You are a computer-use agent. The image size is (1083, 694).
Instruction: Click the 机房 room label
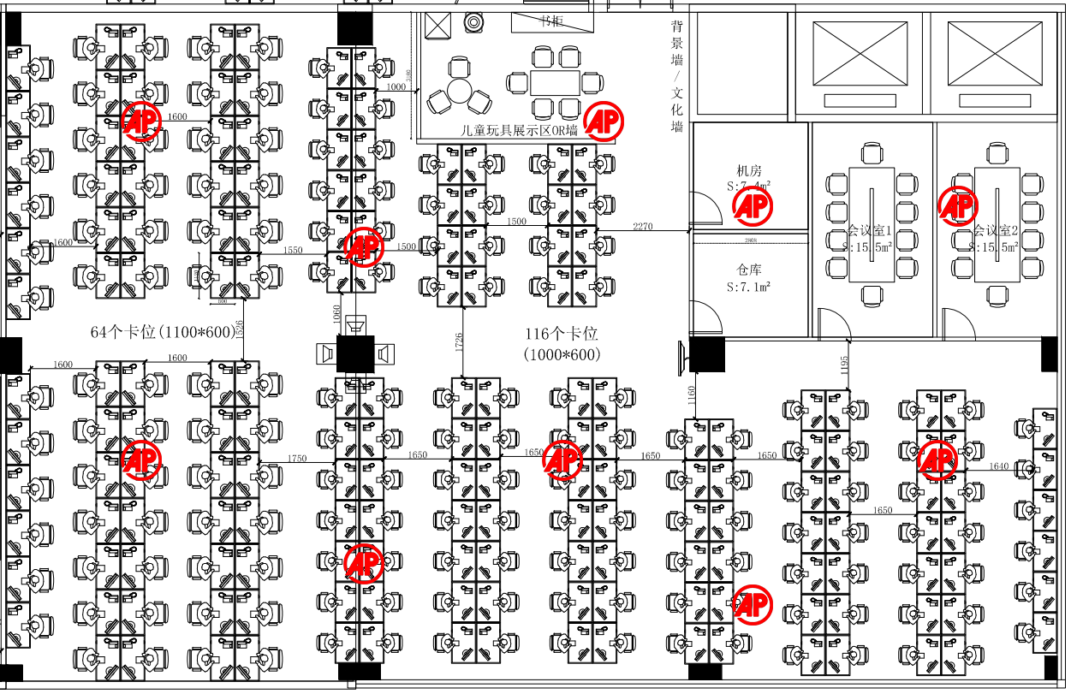(x=750, y=171)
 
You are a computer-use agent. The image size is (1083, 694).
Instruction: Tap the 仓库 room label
(x=749, y=271)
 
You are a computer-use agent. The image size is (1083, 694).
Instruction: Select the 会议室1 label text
(x=870, y=231)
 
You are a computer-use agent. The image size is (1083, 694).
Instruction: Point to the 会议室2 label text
(x=995, y=231)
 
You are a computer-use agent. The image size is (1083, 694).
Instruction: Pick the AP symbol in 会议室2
(x=958, y=205)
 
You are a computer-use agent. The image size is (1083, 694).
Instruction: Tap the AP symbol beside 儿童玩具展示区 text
(x=604, y=121)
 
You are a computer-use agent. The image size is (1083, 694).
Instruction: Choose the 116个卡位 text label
(x=561, y=334)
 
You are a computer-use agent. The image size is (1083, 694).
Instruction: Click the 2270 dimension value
(x=643, y=226)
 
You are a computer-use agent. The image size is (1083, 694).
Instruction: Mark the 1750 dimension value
(x=297, y=459)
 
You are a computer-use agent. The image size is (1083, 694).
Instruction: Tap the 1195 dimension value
(x=845, y=364)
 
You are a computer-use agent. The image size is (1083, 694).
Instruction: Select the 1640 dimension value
(x=999, y=466)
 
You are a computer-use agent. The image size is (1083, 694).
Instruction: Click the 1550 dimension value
(x=293, y=250)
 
